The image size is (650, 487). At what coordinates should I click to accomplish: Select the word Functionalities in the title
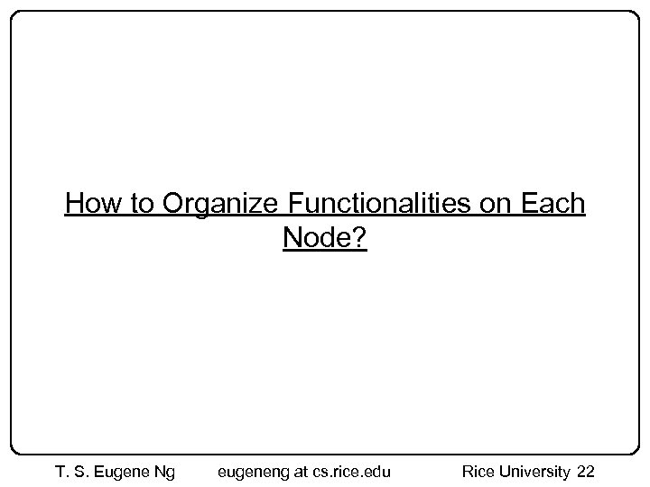tap(381, 205)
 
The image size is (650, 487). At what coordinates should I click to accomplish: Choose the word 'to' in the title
tap(142, 205)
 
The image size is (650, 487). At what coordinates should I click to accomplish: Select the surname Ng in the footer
tap(166, 471)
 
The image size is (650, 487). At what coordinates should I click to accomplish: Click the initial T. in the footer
tap(62, 471)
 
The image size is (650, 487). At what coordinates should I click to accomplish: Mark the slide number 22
tap(585, 471)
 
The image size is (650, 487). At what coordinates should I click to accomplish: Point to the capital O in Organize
tap(172, 205)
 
